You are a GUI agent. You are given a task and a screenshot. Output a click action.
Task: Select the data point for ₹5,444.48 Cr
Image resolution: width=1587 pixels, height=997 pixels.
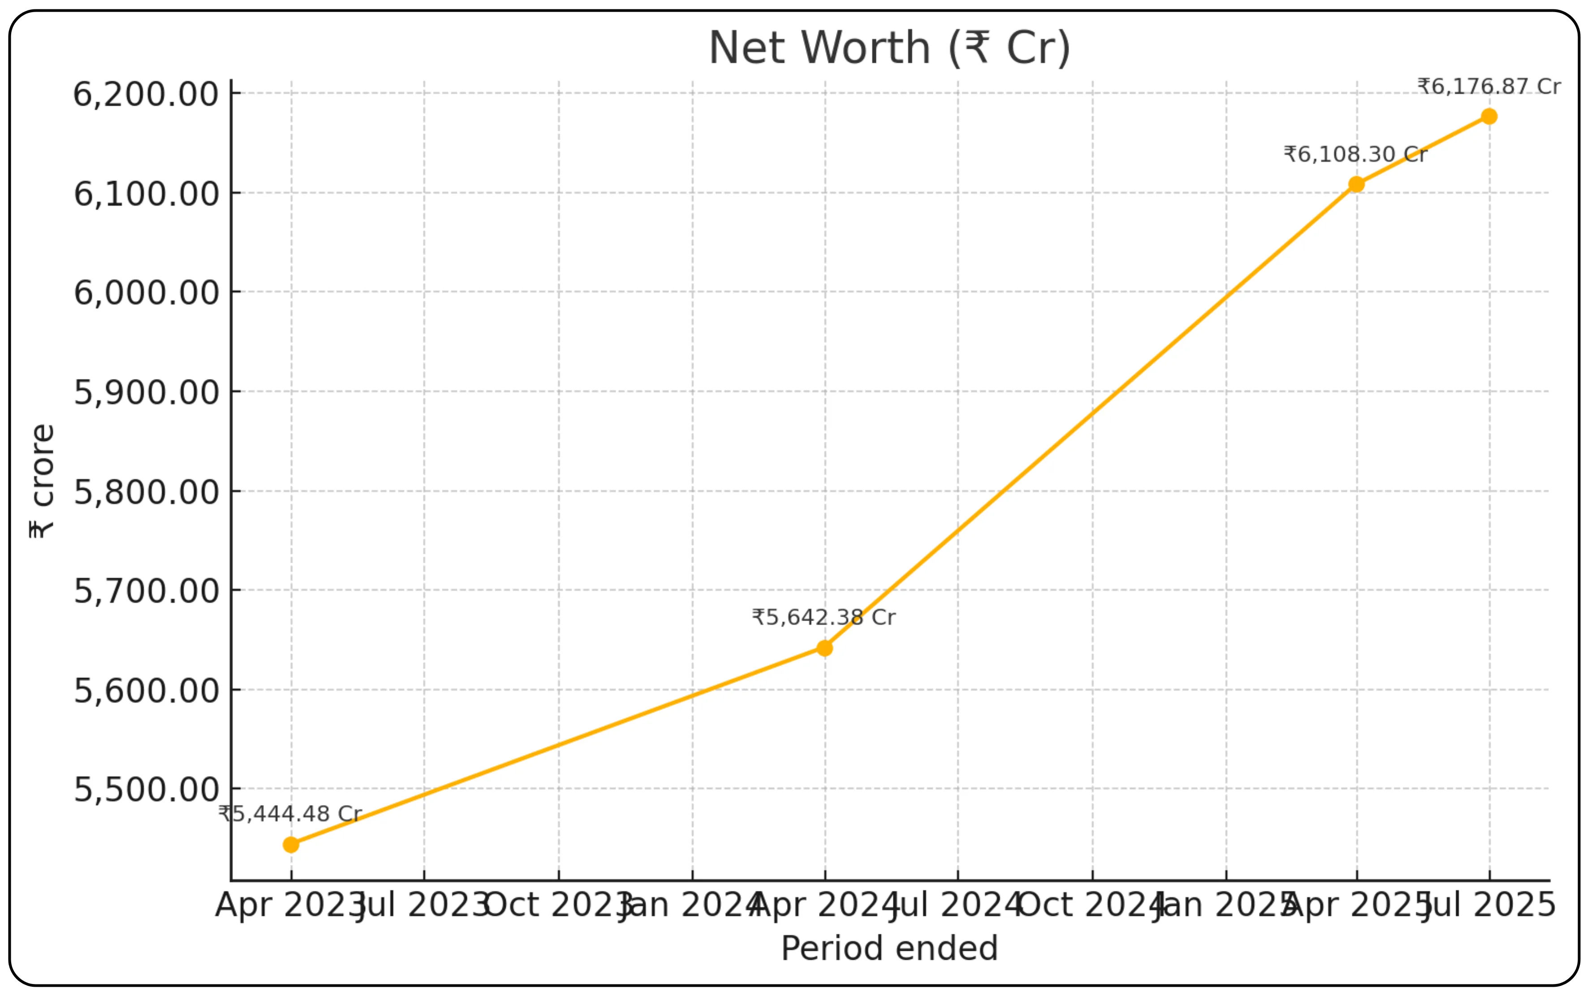[291, 845]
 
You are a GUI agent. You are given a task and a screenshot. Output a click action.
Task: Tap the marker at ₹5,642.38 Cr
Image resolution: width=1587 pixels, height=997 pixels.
[824, 648]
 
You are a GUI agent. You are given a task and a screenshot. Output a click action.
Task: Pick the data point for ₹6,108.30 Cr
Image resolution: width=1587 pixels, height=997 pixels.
[1356, 185]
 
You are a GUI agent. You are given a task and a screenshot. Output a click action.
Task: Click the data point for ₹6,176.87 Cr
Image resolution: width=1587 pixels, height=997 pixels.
[1489, 117]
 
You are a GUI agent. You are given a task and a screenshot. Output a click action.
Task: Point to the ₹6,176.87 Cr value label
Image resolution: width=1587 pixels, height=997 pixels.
[1489, 86]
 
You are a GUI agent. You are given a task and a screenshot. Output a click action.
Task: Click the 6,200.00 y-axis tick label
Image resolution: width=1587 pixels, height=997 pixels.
[146, 94]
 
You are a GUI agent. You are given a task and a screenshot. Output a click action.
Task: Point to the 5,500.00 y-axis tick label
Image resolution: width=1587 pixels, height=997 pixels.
[146, 790]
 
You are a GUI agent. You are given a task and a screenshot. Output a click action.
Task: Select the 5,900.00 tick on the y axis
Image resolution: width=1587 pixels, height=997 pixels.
[146, 392]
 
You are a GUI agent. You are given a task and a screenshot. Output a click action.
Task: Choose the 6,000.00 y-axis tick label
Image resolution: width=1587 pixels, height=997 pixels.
[146, 293]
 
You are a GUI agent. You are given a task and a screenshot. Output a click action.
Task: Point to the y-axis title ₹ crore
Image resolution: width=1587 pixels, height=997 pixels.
[42, 481]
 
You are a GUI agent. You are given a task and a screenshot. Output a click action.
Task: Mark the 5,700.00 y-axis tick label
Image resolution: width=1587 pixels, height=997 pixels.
[146, 591]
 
